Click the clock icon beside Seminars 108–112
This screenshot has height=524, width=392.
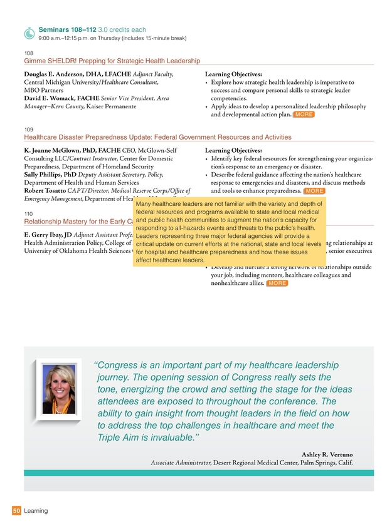(29, 32)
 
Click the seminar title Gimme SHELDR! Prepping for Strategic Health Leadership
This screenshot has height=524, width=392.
(112, 61)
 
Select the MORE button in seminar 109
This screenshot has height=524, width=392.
(314, 190)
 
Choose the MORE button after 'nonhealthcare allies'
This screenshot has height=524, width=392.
(277, 284)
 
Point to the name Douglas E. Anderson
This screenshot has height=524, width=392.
(58, 74)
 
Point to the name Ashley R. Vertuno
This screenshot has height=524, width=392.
(327, 453)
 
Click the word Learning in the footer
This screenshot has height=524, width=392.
(36, 511)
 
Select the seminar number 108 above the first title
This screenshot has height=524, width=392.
(28, 53)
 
